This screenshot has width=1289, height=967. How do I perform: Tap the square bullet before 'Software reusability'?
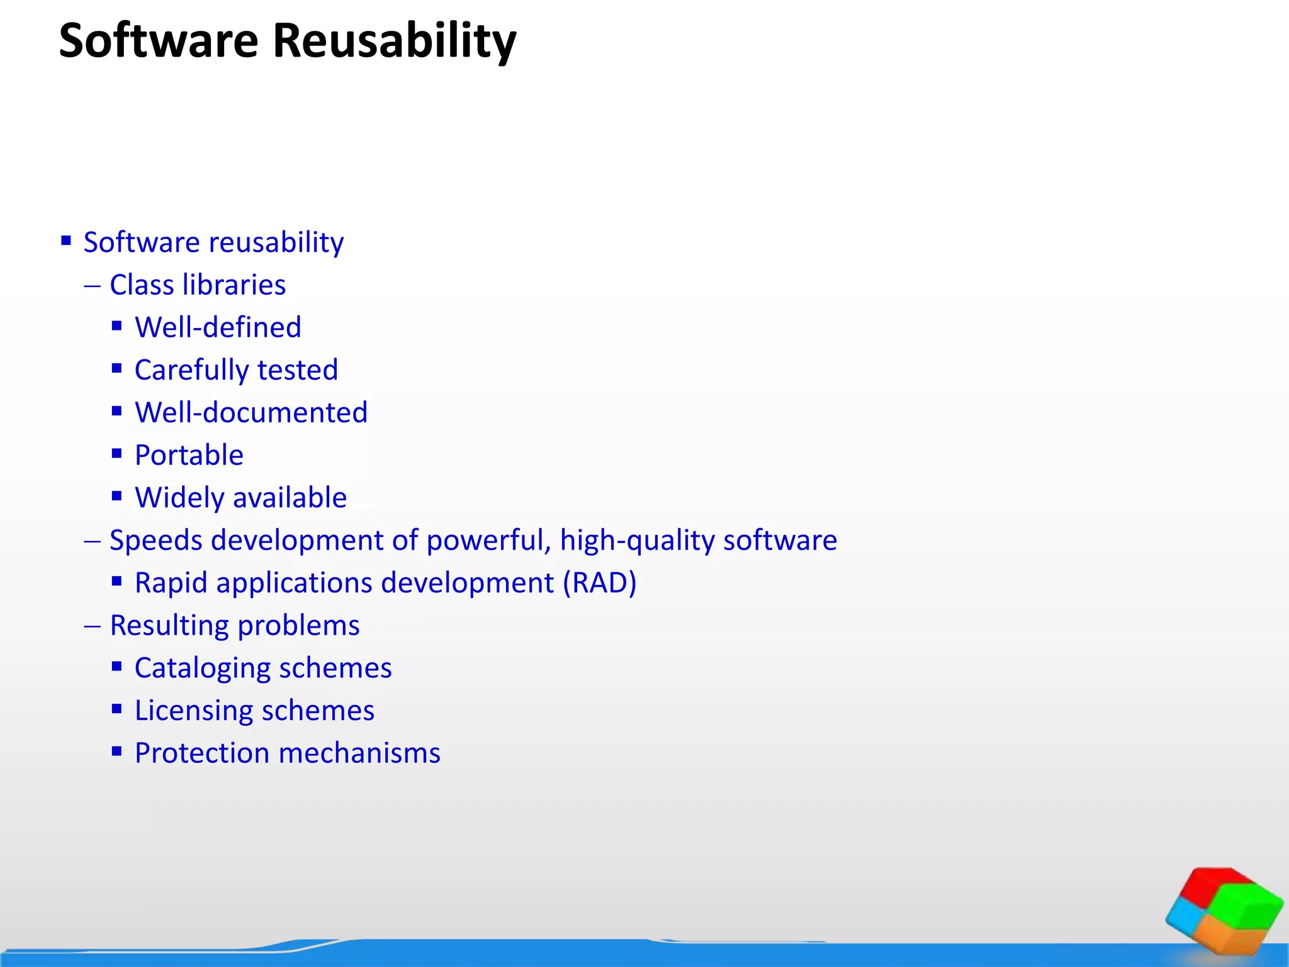[x=66, y=240]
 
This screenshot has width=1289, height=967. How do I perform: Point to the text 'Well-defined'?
[x=218, y=327]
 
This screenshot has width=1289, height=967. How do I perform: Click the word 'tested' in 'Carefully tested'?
[x=298, y=370]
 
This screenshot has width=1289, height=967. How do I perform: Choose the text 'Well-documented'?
[x=251, y=412]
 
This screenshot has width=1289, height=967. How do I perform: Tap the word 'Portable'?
[x=189, y=455]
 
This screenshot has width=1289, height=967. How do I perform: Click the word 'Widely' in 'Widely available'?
[x=179, y=498]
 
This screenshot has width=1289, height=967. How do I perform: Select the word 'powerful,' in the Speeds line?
[x=488, y=540]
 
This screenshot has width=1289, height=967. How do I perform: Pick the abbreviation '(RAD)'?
[x=599, y=583]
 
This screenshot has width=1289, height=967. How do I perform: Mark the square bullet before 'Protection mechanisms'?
[x=116, y=751]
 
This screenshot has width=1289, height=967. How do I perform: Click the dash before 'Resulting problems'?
[x=92, y=626]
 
